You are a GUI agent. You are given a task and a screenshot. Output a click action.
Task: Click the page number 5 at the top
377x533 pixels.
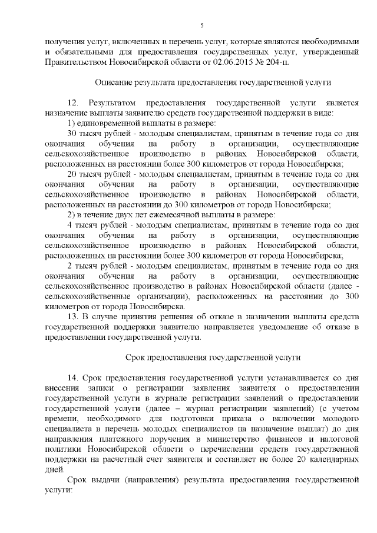pyautogui.click(x=201, y=25)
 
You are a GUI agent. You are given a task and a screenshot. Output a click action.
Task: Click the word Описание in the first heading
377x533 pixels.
pyautogui.click(x=114, y=82)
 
